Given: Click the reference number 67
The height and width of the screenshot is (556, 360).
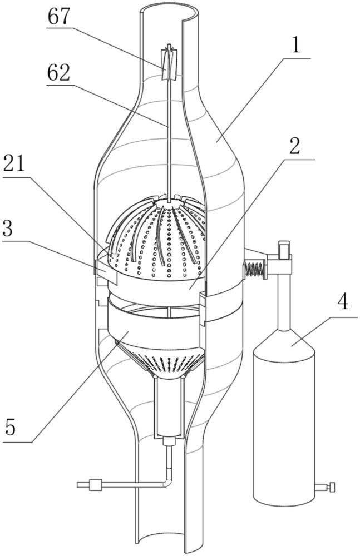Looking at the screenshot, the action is pos(60,17).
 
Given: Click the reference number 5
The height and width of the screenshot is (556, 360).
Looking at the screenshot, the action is pos(11,426).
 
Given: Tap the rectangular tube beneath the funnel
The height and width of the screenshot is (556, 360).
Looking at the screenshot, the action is pos(169,407).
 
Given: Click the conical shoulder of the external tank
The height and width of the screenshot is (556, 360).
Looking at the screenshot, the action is pos(284,342).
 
